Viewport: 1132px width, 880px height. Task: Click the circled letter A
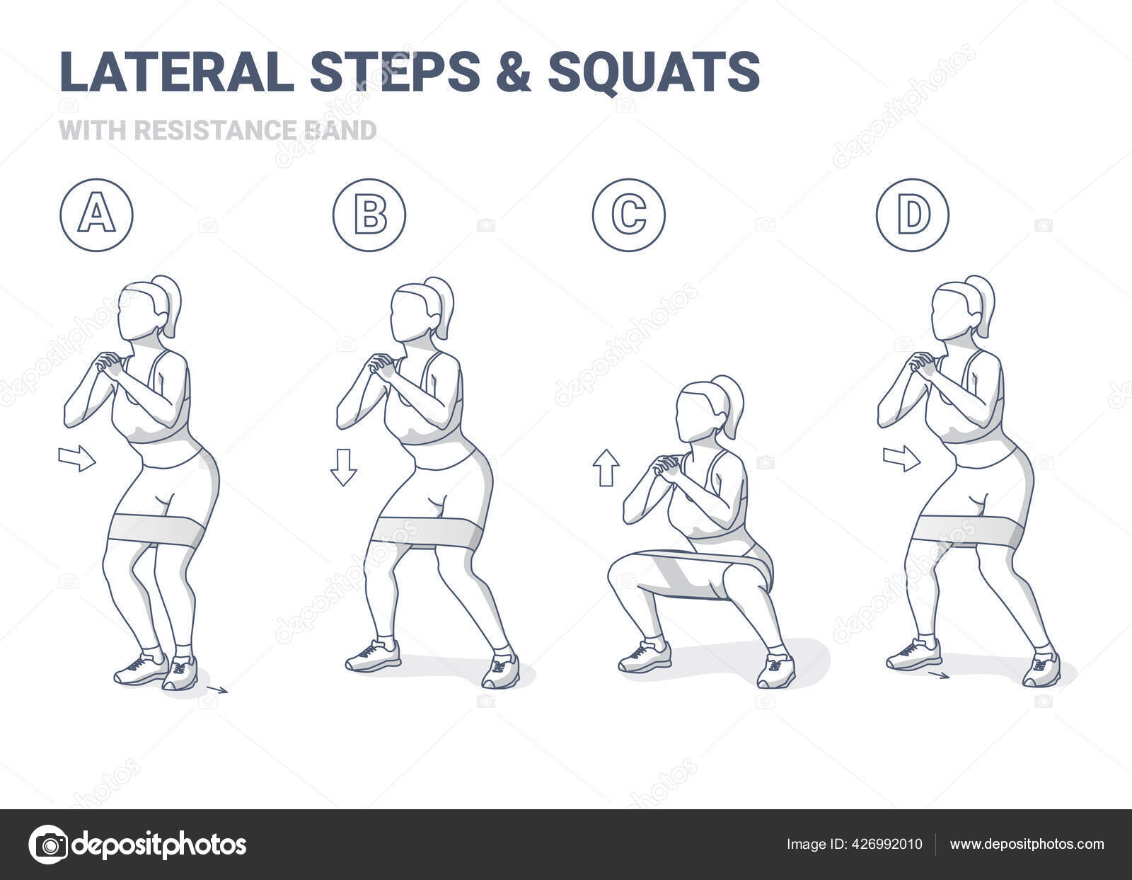click(96, 215)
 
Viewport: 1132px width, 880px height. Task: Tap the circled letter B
click(369, 215)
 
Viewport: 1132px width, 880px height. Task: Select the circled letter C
click(628, 215)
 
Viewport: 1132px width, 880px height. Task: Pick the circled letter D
click(913, 215)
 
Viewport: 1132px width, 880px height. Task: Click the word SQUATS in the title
click(654, 72)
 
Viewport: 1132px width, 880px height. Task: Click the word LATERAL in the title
click(177, 72)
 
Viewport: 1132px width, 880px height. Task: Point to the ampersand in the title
click(513, 72)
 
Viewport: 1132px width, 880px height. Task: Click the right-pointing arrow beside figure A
click(76, 458)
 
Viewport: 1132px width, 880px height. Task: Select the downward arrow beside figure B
click(344, 467)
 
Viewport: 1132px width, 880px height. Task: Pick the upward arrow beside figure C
click(606, 467)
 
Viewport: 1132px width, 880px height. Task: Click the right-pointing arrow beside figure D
click(901, 458)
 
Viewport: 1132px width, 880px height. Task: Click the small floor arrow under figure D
click(939, 675)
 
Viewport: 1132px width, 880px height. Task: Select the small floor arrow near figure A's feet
click(218, 689)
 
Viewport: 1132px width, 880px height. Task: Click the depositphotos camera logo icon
click(48, 844)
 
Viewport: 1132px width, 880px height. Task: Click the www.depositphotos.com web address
click(1027, 844)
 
